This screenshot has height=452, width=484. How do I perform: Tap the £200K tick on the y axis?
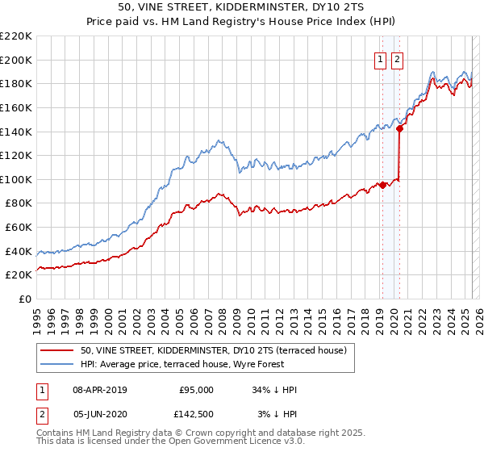tap(16, 60)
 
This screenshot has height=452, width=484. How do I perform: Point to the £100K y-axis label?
tap(16, 179)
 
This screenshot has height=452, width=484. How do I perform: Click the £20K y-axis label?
tap(19, 274)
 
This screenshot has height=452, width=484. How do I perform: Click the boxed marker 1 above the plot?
tap(380, 58)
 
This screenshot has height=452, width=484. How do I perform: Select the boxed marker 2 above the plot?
tap(398, 58)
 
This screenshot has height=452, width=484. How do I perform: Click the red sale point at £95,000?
tap(382, 185)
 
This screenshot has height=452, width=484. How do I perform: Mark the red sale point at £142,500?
tap(399, 128)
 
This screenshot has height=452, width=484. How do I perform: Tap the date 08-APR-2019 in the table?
tap(99, 390)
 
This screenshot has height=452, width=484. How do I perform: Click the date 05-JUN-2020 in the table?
tap(99, 413)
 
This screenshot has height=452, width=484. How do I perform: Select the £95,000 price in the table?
tap(196, 390)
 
